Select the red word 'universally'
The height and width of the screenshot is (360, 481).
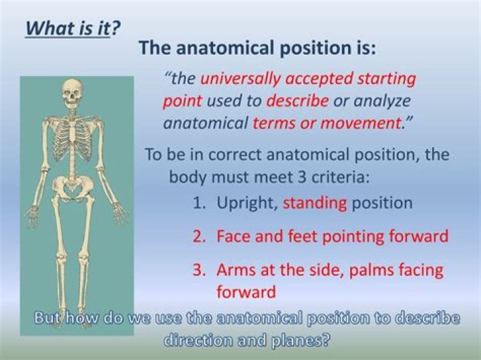click(x=240, y=78)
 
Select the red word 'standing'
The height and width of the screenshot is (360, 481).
click(x=315, y=203)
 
